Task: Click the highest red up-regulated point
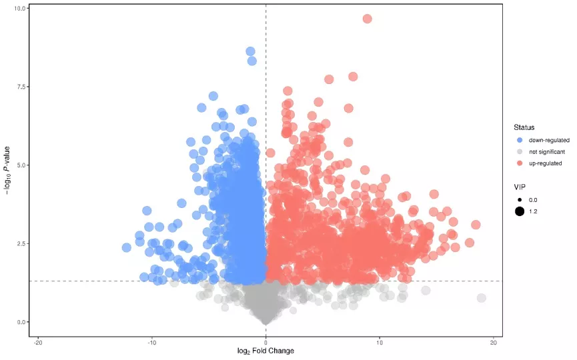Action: click(x=367, y=19)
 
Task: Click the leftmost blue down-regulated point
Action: click(x=127, y=247)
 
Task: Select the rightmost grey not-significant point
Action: click(x=481, y=298)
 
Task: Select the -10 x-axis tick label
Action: click(x=152, y=343)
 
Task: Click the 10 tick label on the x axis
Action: click(x=380, y=343)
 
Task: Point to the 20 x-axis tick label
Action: click(x=494, y=343)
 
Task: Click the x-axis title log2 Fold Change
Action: click(x=265, y=351)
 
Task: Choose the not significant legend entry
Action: click(x=546, y=151)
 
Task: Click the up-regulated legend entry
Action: click(x=543, y=163)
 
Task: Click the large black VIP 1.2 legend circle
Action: click(x=519, y=211)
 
